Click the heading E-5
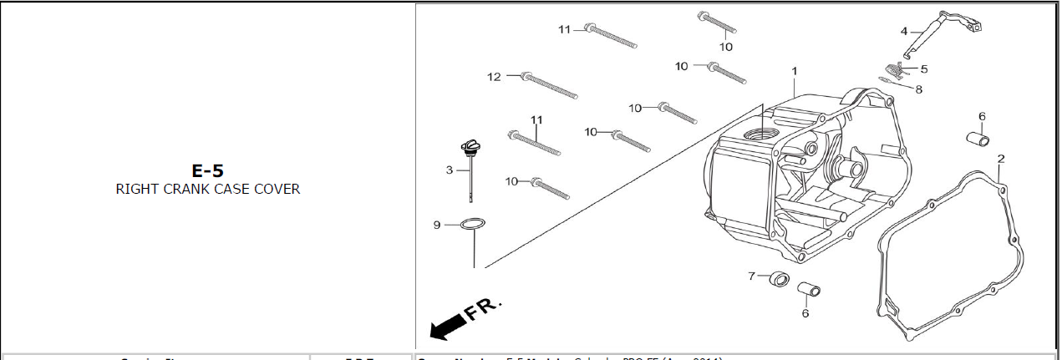[x=207, y=171]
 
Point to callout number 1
[x=795, y=70]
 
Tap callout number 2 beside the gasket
[x=1001, y=158]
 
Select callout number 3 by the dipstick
[x=449, y=170]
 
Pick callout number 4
[x=904, y=31]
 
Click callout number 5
[x=924, y=68]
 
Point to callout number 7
[x=751, y=275]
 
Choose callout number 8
[x=919, y=89]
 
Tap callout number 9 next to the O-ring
[x=437, y=225]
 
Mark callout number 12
[x=494, y=77]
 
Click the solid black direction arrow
[x=447, y=327]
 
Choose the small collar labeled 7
[x=779, y=278]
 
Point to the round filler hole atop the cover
[x=763, y=134]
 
